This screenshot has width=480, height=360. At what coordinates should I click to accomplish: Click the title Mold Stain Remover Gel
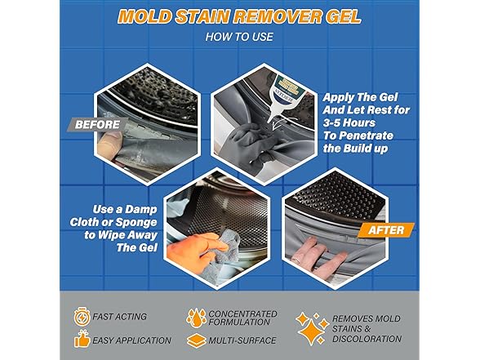[239, 16]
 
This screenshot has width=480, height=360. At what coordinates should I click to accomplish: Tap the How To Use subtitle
[239, 37]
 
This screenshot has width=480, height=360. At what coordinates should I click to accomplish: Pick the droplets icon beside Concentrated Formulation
[195, 317]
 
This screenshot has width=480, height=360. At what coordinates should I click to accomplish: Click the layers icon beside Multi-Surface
[196, 340]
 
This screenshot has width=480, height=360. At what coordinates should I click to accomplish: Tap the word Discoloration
[367, 338]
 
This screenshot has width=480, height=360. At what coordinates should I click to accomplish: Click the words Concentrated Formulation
[242, 317]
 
